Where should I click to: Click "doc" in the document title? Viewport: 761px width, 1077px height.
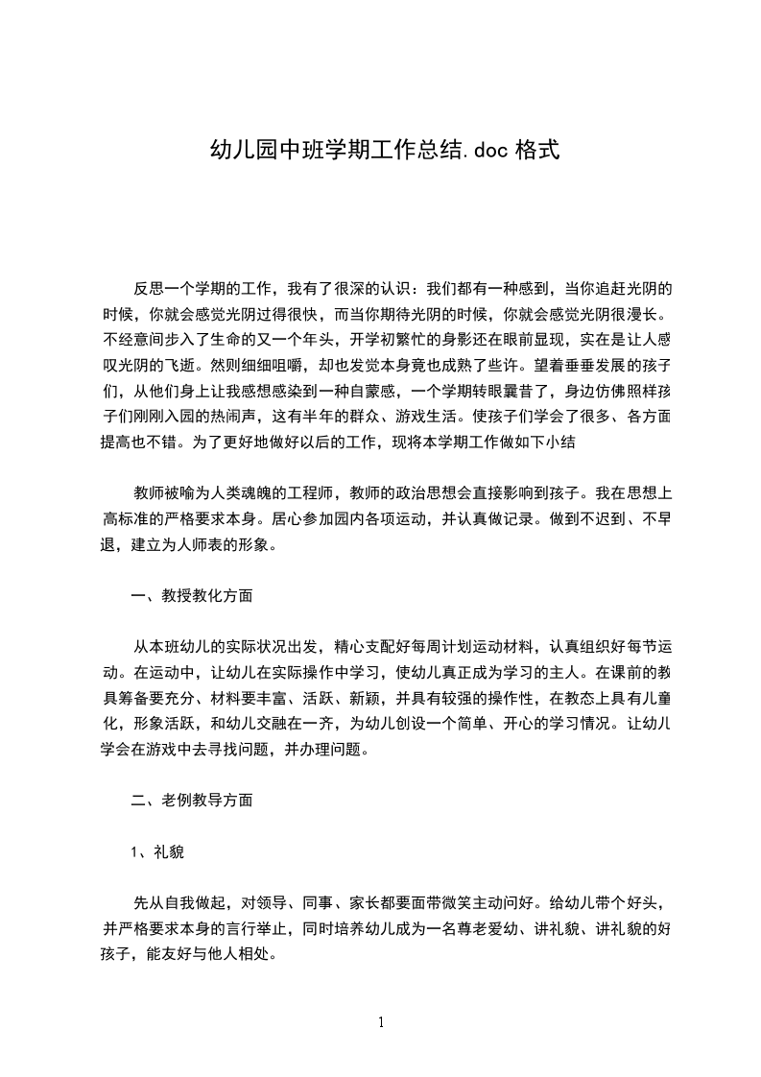pos(488,150)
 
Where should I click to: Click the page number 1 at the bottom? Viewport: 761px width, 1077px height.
pos(380,1022)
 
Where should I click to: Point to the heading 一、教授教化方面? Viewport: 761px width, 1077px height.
pos(192,595)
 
